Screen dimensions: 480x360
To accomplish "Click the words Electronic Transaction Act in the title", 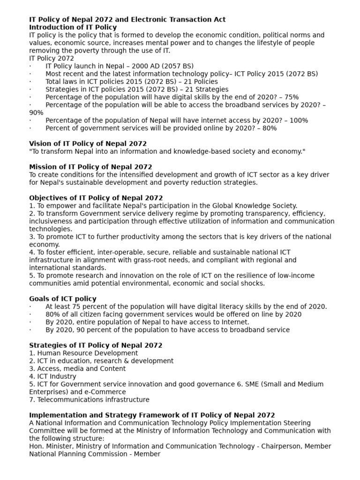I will tap(180, 20).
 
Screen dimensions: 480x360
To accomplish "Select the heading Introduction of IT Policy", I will tap(73, 27).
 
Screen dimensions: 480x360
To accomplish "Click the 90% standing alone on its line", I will tap(36, 112).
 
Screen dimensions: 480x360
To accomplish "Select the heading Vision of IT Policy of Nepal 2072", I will tap(88, 143).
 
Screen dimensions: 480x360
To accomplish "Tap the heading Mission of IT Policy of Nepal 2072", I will tap(90, 167).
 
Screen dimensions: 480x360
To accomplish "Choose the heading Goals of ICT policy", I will tap(63, 299).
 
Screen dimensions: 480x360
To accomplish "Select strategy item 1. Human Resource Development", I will tap(83, 353).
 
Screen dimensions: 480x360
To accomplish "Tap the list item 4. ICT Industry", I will tap(52, 376).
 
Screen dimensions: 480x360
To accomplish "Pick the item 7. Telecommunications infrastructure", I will tap(89, 400).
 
